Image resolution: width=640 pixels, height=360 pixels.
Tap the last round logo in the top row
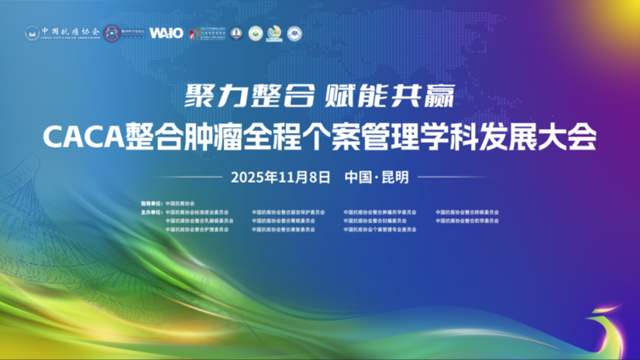(295, 33)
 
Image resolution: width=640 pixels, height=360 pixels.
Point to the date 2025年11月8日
(279, 177)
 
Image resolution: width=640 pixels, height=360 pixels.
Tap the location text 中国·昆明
(377, 177)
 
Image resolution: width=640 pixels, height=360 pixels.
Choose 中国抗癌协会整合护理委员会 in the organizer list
(198, 229)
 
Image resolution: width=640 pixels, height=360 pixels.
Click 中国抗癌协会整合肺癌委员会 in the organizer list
(467, 211)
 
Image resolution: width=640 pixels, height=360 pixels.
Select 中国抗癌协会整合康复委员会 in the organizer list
(283, 229)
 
